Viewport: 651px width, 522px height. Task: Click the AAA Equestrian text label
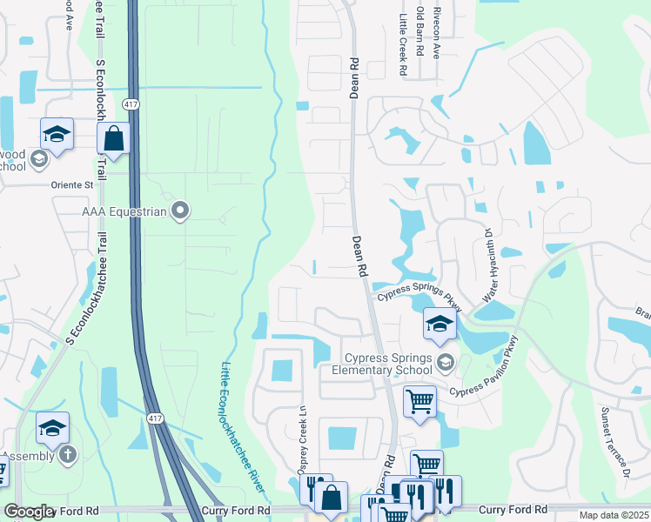tap(125, 211)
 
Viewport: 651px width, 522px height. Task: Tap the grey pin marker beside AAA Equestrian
tap(180, 210)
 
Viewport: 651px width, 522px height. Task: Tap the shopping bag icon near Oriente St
tap(113, 137)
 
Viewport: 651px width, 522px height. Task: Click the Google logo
tap(29, 512)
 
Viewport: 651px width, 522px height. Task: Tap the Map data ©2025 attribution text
tap(614, 515)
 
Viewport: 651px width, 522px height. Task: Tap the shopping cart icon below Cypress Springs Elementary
tap(419, 402)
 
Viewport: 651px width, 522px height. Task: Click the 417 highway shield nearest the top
tap(131, 104)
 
